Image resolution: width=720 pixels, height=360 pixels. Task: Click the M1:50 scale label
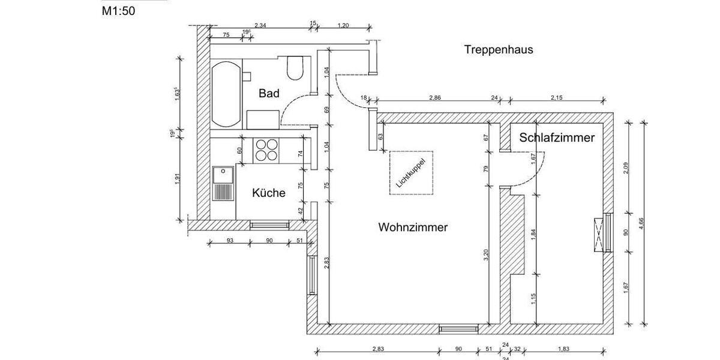(118, 10)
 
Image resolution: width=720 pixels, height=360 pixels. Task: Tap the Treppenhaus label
(499, 50)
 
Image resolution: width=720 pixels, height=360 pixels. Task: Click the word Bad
(269, 94)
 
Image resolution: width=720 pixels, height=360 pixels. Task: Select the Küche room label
(268, 193)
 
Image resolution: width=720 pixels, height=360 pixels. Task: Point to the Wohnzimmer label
(413, 228)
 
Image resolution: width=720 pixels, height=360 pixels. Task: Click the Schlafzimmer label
(557, 137)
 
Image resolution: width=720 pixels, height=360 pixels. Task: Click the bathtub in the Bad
(225, 94)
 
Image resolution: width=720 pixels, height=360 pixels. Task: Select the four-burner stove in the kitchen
(267, 149)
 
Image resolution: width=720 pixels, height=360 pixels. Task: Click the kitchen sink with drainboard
(223, 184)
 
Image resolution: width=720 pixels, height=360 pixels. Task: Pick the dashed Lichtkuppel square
(412, 172)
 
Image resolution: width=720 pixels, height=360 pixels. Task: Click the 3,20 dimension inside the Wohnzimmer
(486, 254)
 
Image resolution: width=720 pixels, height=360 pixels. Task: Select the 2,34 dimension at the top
(261, 25)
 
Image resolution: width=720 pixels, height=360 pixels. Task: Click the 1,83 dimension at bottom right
(563, 349)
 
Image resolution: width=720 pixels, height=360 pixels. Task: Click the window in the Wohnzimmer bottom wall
(458, 329)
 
